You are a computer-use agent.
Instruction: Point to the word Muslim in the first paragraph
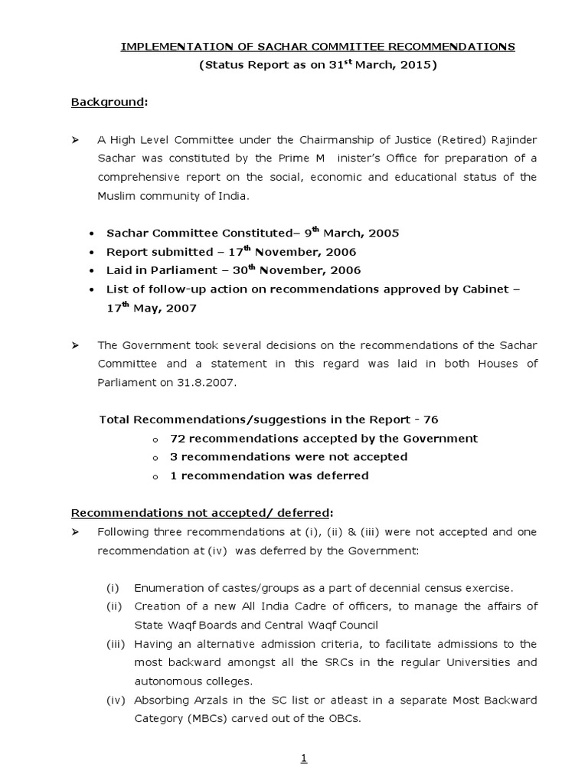tap(116, 195)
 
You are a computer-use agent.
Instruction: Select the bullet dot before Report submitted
tap(93, 253)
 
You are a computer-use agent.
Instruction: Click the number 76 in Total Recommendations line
tap(431, 420)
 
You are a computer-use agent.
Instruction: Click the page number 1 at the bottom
tap(304, 759)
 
